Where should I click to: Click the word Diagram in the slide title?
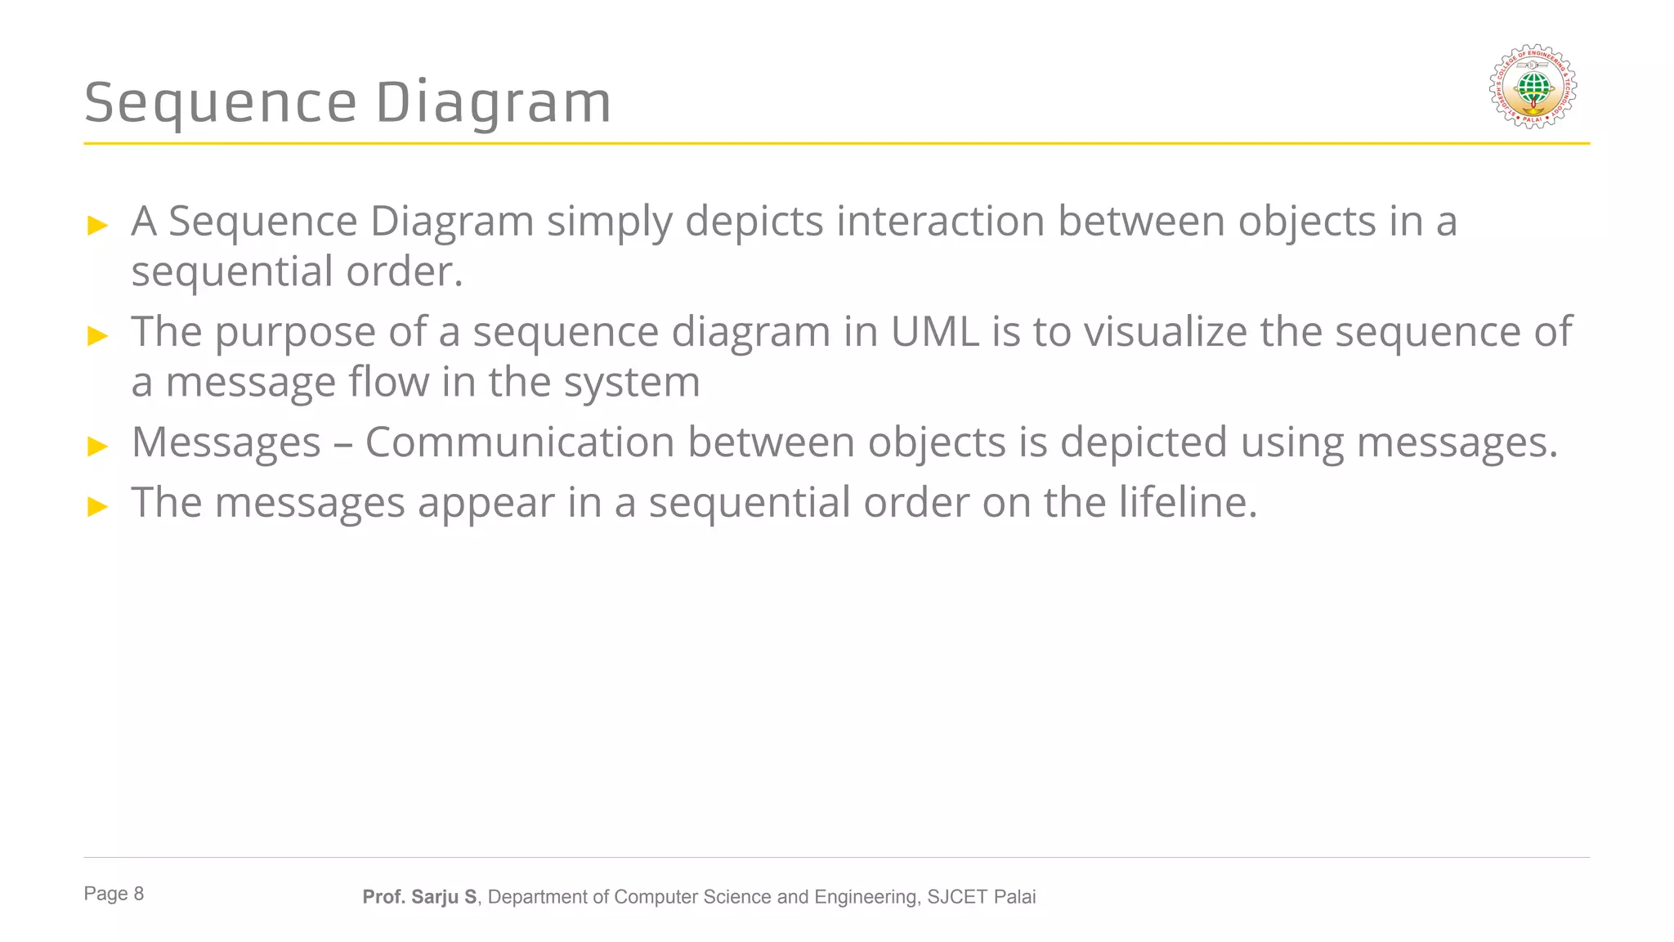pyautogui.click(x=493, y=103)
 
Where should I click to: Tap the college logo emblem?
pyautogui.click(x=1533, y=87)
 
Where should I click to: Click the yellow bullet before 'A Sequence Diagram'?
pyautogui.click(x=97, y=225)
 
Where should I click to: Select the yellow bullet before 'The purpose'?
pyautogui.click(x=97, y=335)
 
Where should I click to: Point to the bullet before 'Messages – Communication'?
pyautogui.click(x=97, y=446)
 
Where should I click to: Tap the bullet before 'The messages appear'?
pyautogui.click(x=97, y=506)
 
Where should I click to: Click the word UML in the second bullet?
pyautogui.click(x=934, y=332)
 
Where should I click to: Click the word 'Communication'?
pyautogui.click(x=519, y=442)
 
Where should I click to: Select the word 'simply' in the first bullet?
pyautogui.click(x=609, y=222)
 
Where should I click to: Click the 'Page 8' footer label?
pyautogui.click(x=114, y=894)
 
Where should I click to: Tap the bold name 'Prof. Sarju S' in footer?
pyautogui.click(x=419, y=897)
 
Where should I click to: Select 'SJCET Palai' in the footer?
pyautogui.click(x=981, y=897)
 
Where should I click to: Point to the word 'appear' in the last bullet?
pyautogui.click(x=486, y=502)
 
